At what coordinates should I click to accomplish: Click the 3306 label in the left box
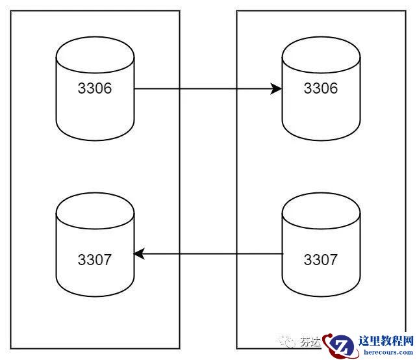click(x=95, y=88)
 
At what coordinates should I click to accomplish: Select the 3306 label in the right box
click(x=321, y=88)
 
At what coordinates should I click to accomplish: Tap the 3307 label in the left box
click(x=95, y=260)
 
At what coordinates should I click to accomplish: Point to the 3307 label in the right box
click(x=321, y=260)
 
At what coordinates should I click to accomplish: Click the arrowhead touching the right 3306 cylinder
click(x=276, y=88)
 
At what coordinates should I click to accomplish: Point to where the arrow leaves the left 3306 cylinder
click(x=135, y=88)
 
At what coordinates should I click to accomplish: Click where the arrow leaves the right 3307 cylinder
click(x=283, y=254)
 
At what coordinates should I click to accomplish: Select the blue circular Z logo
click(x=340, y=346)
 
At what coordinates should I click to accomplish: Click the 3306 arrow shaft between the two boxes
click(x=208, y=88)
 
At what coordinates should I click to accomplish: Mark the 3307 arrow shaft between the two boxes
click(x=208, y=254)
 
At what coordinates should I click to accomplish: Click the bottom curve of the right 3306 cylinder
click(x=321, y=138)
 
